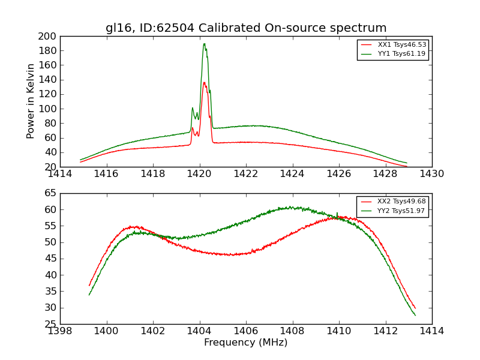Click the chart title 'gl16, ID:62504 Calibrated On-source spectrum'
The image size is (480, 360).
(x=246, y=28)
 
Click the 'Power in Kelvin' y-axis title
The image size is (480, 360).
(x=31, y=101)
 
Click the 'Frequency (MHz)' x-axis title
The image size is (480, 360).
(x=245, y=343)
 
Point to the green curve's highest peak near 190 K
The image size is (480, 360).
(x=204, y=44)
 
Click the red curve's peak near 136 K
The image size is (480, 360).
(x=204, y=83)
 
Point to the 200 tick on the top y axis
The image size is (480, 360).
(x=49, y=36)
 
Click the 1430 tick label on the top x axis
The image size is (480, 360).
(x=431, y=173)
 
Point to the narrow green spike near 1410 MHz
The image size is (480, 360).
(x=337, y=213)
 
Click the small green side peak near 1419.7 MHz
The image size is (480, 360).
(x=193, y=108)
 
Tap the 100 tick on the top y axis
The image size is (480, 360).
(x=49, y=109)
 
